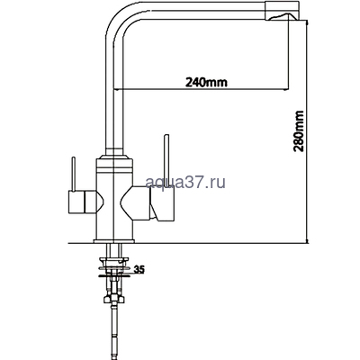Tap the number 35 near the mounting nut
139,268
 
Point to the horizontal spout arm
189,12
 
